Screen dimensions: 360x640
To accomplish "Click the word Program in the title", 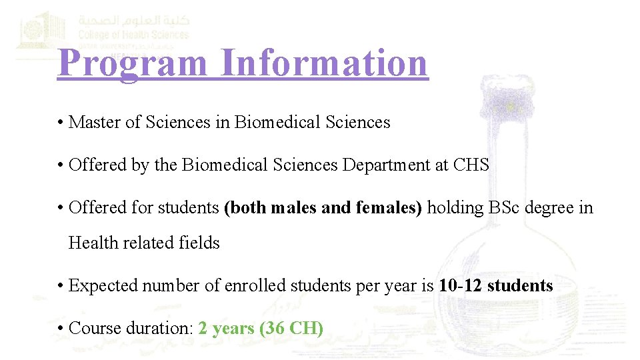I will [133, 63].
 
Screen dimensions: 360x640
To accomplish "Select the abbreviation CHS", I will [471, 165].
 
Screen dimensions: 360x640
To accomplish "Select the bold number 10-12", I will [461, 285].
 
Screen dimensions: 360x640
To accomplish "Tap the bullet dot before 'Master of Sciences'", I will [60, 123].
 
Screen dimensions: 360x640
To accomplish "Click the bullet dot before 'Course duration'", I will [60, 329].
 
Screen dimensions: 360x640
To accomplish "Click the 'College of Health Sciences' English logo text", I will [133, 35].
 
